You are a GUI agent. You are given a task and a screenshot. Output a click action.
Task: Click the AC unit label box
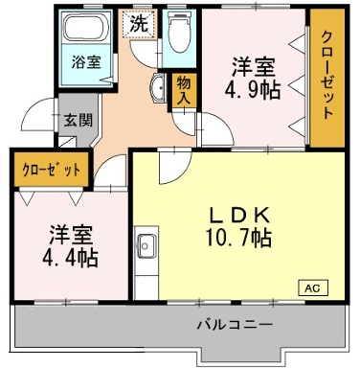[312, 287]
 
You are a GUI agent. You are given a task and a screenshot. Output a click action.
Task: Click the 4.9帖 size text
[254, 91]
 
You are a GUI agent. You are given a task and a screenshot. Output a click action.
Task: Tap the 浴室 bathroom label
[87, 62]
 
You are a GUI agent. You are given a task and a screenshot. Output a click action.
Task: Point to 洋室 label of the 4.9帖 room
[254, 68]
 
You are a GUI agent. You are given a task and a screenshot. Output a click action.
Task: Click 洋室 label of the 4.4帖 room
[70, 233]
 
